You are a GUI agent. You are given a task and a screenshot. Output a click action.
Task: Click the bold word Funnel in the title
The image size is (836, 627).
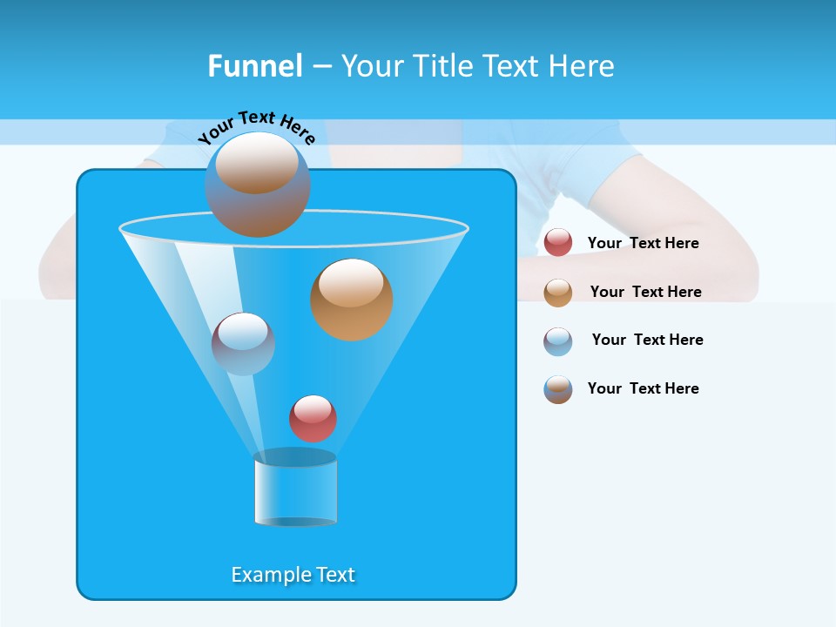(x=254, y=66)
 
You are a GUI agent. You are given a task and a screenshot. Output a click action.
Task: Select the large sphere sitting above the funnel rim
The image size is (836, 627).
(x=258, y=185)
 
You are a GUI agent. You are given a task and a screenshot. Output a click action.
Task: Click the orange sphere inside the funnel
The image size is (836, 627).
(x=352, y=300)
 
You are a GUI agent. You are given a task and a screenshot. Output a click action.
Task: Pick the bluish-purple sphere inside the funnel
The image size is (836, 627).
(x=243, y=344)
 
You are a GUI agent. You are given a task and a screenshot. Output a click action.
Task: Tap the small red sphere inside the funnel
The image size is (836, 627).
(x=313, y=418)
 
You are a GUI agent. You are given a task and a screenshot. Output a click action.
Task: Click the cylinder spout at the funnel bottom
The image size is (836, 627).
(x=295, y=489)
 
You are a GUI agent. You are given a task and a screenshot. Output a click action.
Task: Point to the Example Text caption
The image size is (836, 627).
(x=293, y=575)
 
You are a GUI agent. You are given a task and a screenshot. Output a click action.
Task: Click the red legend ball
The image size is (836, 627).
(x=558, y=243)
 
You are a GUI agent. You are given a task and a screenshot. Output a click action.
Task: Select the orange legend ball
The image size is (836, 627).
(x=558, y=293)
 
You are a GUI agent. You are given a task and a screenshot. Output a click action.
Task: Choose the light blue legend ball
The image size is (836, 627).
(x=558, y=341)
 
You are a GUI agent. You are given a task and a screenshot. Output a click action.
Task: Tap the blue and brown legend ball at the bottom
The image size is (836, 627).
(x=558, y=389)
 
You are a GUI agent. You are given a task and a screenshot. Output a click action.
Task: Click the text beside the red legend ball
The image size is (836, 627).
(x=643, y=244)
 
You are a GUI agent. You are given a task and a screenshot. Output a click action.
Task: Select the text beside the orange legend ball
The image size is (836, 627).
(x=645, y=293)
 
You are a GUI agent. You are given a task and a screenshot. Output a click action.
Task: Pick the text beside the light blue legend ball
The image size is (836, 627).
(x=647, y=340)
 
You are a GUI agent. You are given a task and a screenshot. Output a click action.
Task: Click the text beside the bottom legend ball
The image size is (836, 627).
(x=643, y=389)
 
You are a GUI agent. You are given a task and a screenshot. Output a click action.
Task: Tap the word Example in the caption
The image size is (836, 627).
(x=265, y=575)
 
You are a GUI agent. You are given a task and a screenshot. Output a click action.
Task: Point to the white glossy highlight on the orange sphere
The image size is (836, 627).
(x=351, y=284)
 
